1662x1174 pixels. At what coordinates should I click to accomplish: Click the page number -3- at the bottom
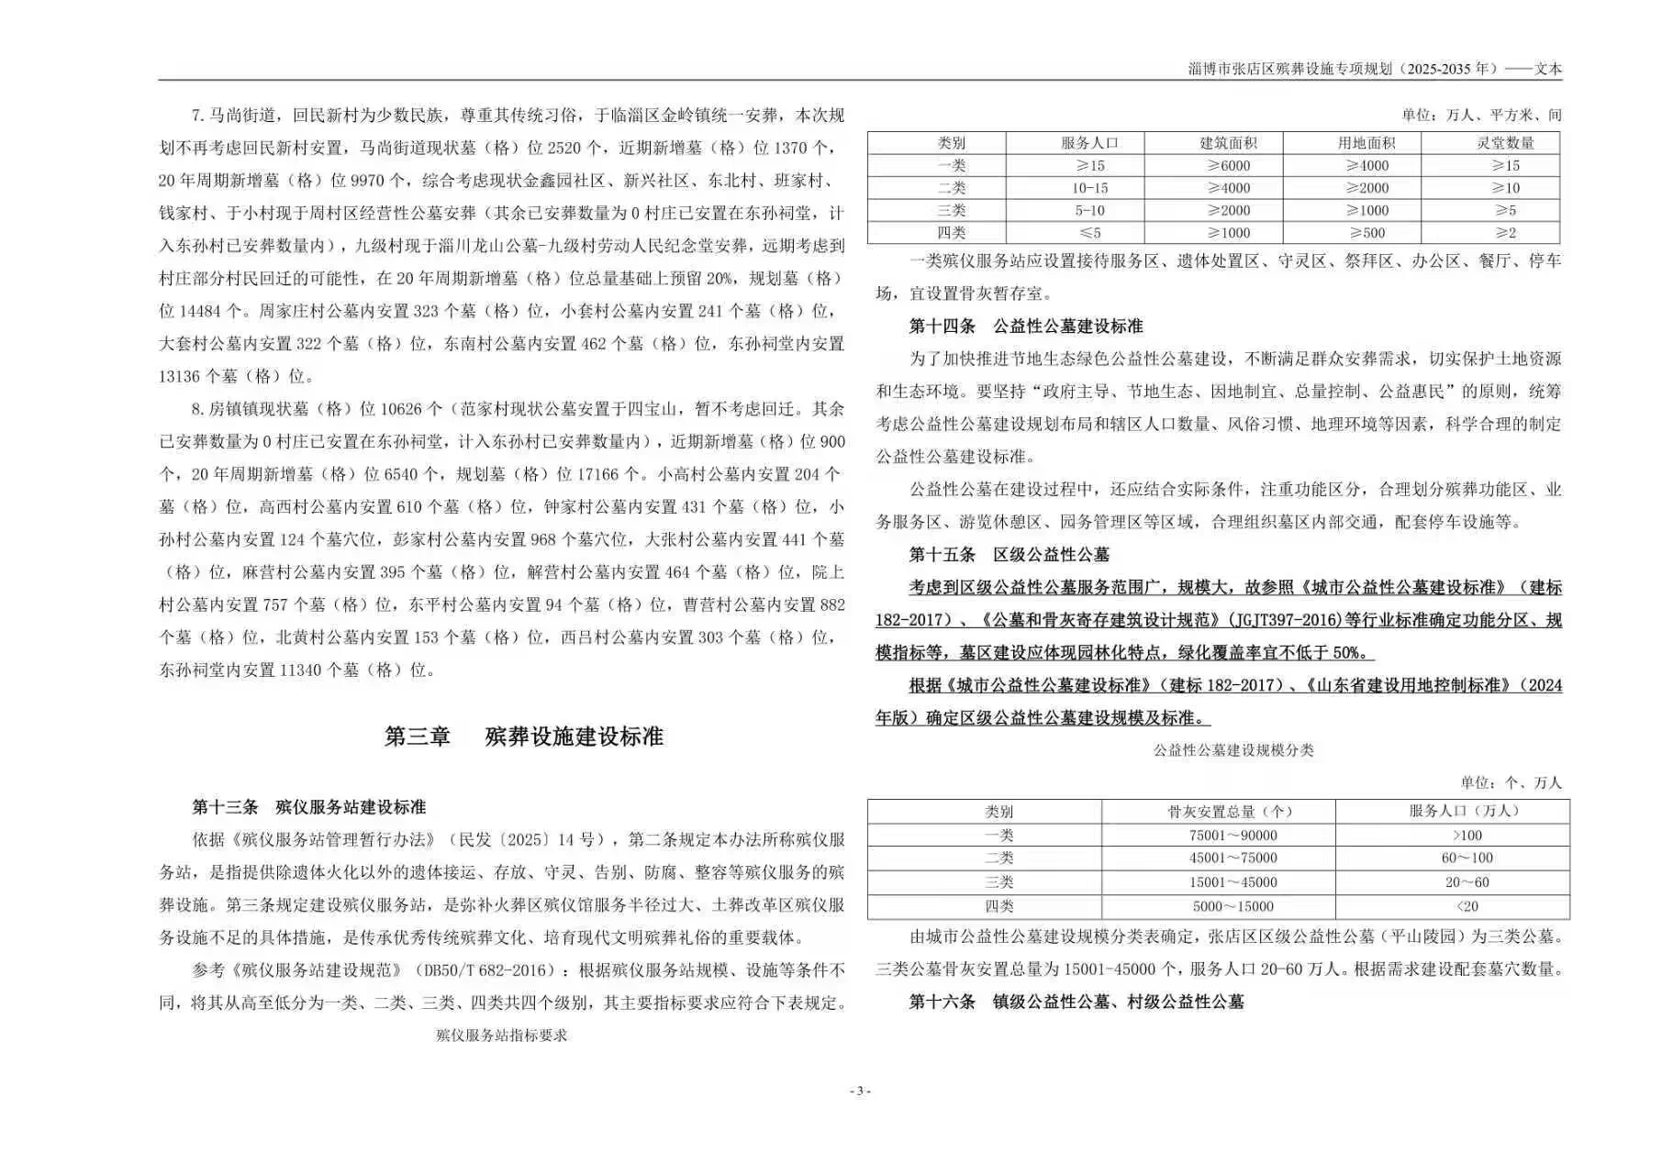[859, 1091]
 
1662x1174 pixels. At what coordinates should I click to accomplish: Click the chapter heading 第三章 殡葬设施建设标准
[523, 737]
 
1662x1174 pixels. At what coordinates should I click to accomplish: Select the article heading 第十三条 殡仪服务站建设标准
[309, 807]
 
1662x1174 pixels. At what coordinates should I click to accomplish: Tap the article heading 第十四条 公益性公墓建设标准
[1026, 326]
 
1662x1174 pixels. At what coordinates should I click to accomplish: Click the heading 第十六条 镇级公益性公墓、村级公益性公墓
[1076, 1002]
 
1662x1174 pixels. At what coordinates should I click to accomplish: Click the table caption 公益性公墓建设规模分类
[1233, 750]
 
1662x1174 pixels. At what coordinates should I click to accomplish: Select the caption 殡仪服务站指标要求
[501, 1035]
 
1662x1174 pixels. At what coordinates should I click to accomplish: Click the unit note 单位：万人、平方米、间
[1481, 116]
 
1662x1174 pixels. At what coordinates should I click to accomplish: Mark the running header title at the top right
[1374, 69]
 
